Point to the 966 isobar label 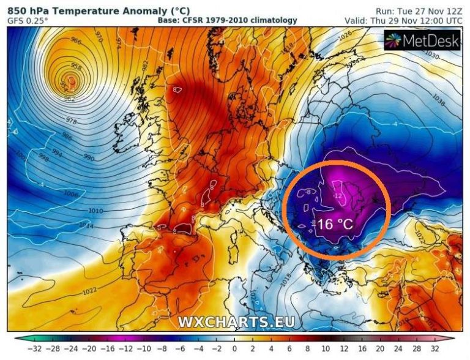(75, 42)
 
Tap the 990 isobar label (89, 158)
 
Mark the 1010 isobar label (95, 211)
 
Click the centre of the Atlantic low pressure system (72, 81)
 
